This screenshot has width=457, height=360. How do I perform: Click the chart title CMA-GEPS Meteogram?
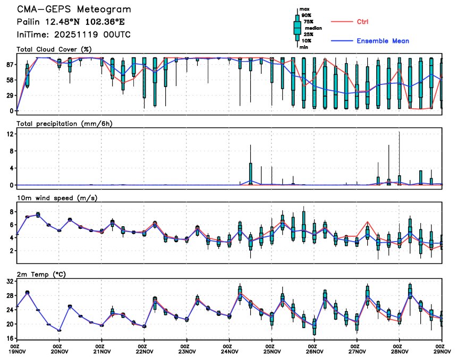(74, 10)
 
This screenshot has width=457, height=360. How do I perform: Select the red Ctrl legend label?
(362, 22)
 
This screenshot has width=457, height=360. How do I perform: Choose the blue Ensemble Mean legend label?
(383, 41)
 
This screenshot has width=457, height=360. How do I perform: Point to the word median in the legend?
(313, 28)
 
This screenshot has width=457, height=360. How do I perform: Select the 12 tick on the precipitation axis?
(10, 134)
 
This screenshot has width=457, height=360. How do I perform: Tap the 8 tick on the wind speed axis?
(12, 211)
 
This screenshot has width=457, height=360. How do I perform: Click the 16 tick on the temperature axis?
(10, 338)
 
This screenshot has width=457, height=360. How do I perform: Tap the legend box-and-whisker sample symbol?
(297, 27)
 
